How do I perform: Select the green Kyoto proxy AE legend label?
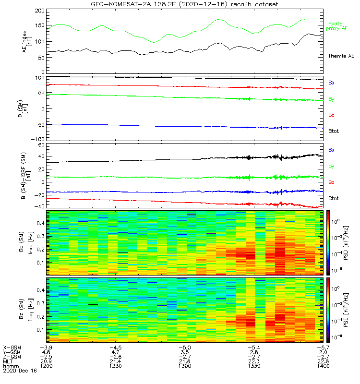point(338,26)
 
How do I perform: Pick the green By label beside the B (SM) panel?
point(331,99)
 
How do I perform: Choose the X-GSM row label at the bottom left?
point(12,347)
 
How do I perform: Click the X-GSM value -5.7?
point(322,347)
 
